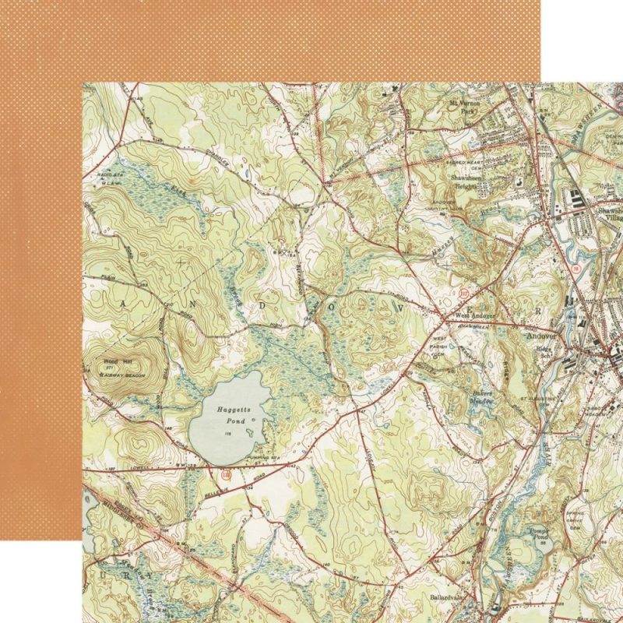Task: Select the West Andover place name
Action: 474,315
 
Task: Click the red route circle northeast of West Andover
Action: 465,293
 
